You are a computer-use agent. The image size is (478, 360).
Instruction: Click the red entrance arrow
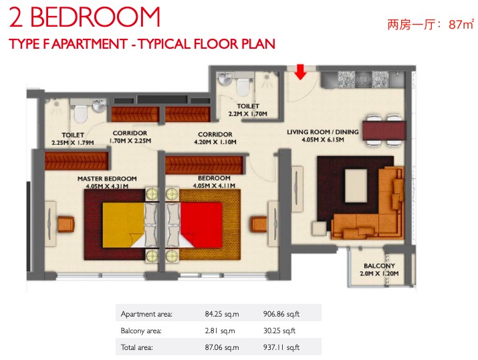301,72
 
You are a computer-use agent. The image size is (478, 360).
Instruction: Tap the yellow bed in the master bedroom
123,225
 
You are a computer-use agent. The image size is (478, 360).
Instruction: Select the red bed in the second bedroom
201,225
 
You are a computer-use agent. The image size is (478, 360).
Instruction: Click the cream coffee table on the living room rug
356,186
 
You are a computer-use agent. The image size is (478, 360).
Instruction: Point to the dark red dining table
384,130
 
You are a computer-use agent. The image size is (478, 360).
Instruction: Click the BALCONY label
379,266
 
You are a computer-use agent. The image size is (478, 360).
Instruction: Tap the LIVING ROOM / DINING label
322,132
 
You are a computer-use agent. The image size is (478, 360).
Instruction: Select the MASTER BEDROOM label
107,178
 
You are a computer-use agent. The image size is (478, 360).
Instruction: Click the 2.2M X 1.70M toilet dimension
248,114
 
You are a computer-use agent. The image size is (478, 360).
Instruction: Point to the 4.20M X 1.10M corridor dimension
215,142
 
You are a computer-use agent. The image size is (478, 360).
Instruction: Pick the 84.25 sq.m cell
222,314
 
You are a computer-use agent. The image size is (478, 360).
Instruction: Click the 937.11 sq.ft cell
281,347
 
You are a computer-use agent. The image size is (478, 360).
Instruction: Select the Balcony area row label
141,331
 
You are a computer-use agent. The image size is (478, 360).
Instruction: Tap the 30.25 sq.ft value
279,331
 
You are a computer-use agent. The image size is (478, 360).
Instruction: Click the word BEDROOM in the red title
95,17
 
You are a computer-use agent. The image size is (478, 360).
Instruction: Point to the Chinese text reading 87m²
461,24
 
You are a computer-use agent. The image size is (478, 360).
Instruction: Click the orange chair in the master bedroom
66,224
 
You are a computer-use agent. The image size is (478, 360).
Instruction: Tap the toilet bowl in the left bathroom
81,114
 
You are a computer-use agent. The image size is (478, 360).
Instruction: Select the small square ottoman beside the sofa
319,228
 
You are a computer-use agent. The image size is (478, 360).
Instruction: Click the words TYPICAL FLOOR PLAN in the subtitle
207,44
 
